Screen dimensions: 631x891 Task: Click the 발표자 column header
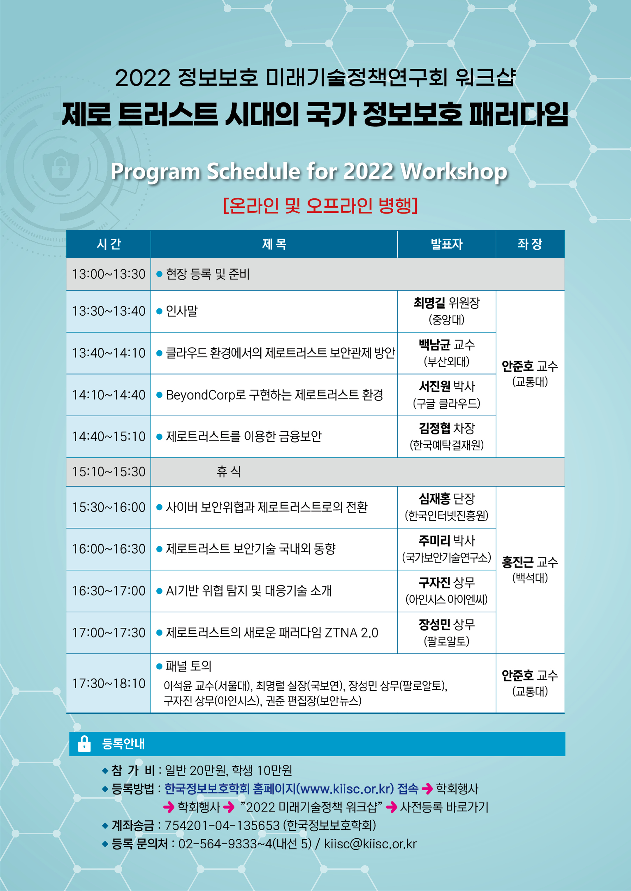(x=446, y=244)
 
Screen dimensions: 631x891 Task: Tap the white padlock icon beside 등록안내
(x=84, y=744)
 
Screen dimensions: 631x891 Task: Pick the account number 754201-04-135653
(x=222, y=825)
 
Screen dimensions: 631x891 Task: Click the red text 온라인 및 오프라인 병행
(x=320, y=205)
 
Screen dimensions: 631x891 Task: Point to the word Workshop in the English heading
(x=454, y=172)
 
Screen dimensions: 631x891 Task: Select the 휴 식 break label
(x=228, y=472)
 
